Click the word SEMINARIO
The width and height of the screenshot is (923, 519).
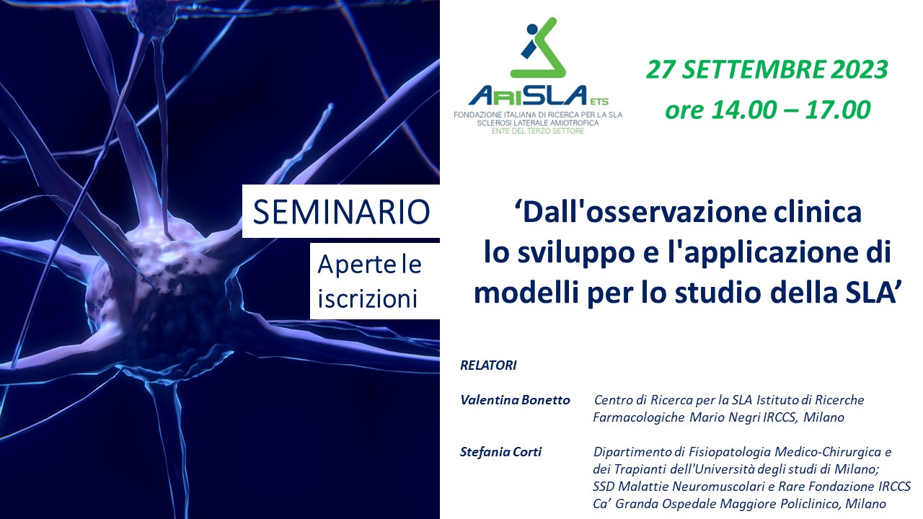click(341, 212)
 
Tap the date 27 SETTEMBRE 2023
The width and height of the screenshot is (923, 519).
click(767, 70)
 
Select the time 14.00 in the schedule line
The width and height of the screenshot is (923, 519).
click(739, 110)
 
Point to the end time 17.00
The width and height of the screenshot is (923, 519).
click(838, 110)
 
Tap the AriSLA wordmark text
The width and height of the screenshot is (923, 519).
click(527, 95)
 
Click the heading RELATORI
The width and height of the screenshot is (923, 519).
click(488, 365)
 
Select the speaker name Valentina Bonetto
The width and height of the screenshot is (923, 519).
click(515, 400)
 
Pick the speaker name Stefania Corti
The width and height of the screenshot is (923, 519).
click(500, 452)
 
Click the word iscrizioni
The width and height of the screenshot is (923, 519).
click(368, 298)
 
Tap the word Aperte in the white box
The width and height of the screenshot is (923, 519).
click(353, 265)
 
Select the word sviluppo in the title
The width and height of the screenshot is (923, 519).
click(576, 253)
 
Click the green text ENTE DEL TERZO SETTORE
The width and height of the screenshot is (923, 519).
click(538, 131)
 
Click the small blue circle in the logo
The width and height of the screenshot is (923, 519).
click(533, 30)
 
